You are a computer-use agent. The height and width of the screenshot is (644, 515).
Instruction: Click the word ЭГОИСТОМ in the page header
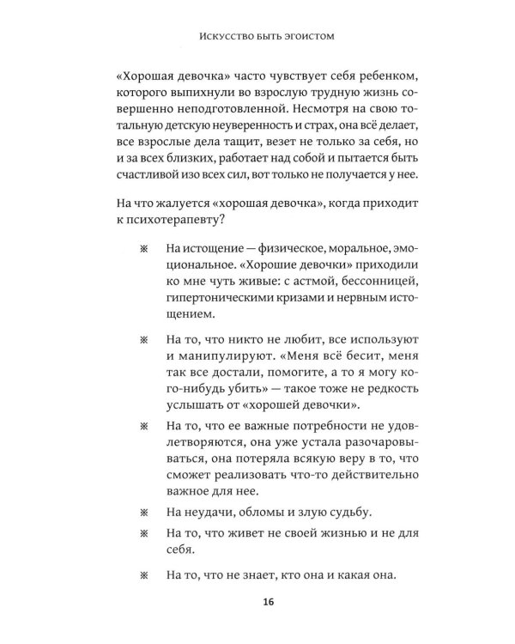(x=305, y=37)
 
